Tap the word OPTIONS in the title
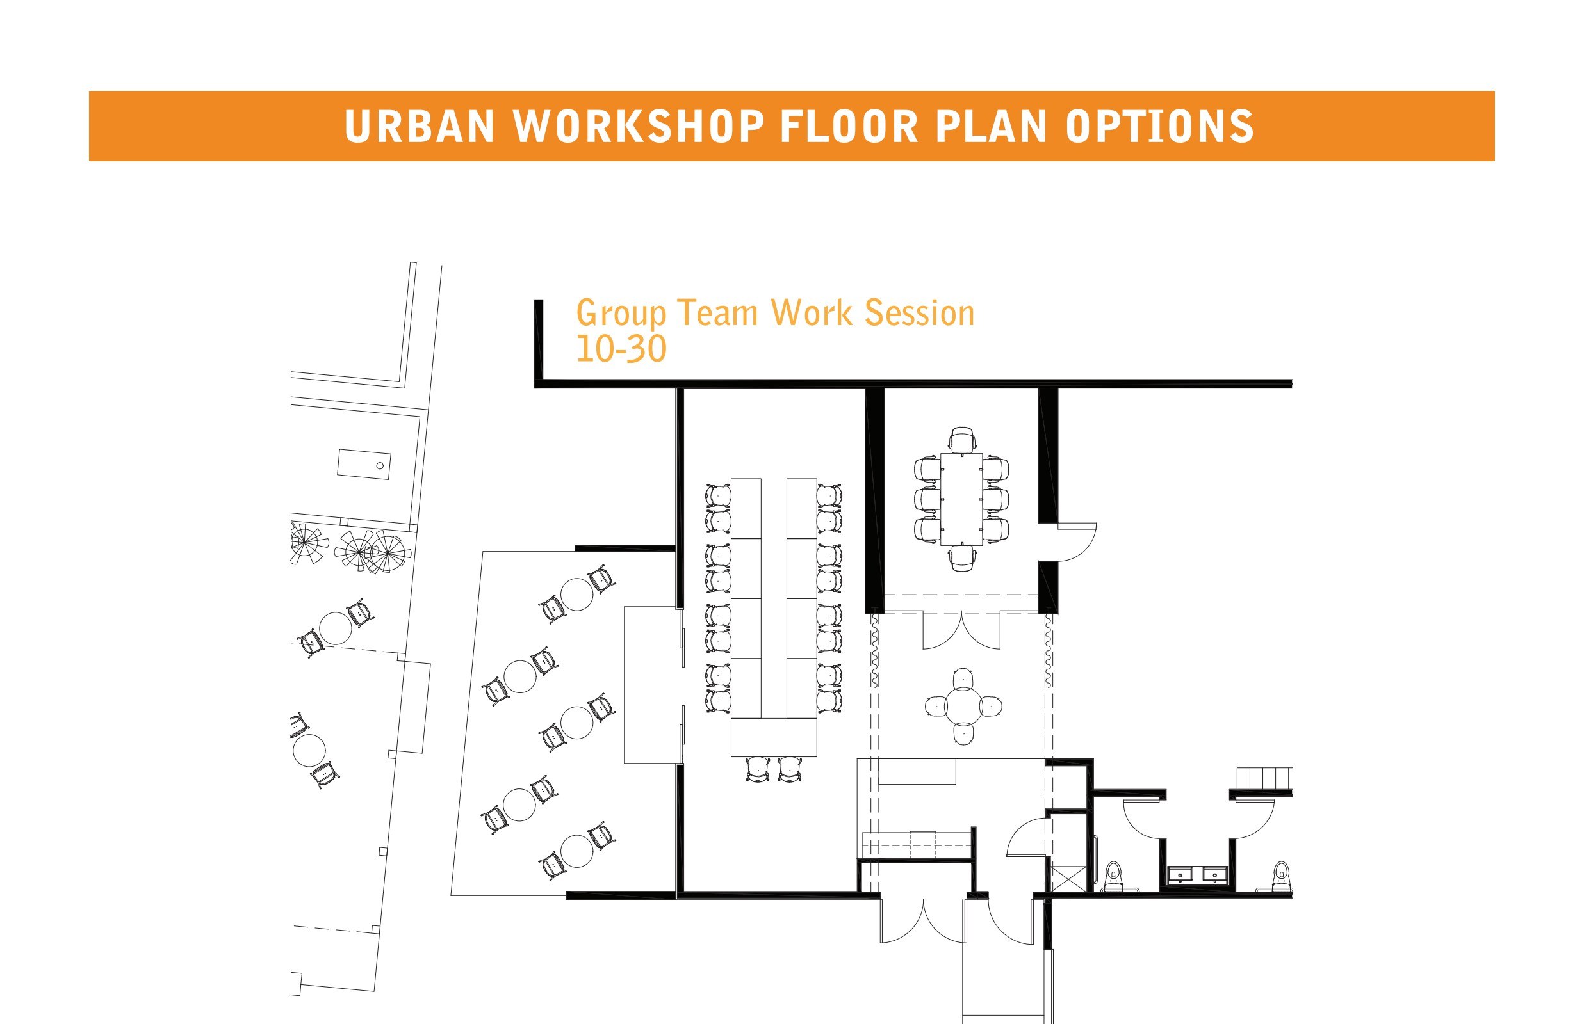point(1159,126)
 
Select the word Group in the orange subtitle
point(621,312)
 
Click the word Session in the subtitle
point(919,312)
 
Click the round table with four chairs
point(964,706)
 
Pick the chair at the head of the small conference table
point(963,440)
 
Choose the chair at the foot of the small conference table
point(963,558)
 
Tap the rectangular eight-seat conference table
point(961,499)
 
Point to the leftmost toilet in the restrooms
point(1114,876)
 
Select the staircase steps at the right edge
point(1264,778)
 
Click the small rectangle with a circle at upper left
point(364,464)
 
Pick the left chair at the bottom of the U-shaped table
point(757,769)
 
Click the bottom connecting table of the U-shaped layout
point(774,737)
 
